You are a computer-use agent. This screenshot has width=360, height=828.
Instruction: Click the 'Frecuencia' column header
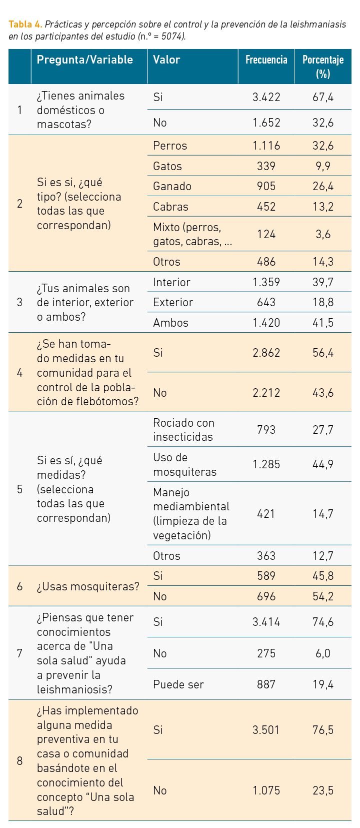click(266, 60)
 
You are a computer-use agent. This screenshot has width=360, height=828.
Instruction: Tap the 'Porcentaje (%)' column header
click(323, 67)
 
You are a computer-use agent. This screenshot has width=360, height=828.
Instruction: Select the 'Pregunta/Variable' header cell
click(85, 60)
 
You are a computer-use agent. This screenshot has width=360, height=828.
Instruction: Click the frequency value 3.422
click(266, 97)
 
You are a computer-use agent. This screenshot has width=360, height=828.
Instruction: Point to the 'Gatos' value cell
click(167, 166)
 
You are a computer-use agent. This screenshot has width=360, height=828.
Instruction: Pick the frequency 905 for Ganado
click(266, 187)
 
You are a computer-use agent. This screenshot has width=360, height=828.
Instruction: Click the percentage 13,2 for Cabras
click(323, 207)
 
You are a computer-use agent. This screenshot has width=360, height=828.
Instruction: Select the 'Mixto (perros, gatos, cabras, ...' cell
click(192, 235)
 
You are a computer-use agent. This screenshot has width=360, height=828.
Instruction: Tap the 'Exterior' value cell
click(173, 302)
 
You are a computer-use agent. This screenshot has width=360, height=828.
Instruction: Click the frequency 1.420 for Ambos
click(266, 323)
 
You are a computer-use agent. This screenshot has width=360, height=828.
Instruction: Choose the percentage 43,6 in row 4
click(323, 393)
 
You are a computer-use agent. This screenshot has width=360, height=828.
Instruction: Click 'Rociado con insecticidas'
click(183, 430)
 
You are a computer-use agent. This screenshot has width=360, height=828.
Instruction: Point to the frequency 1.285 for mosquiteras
click(266, 464)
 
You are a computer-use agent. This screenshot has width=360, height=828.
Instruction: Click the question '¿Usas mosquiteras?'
click(88, 586)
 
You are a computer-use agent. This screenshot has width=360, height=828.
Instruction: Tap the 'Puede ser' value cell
click(178, 684)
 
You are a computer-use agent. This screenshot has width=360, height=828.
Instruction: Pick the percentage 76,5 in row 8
click(323, 730)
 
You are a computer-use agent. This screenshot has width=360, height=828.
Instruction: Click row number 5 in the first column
click(19, 489)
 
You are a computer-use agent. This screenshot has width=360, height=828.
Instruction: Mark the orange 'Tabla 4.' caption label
click(25, 25)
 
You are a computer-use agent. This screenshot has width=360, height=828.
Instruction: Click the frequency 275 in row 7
click(266, 653)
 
